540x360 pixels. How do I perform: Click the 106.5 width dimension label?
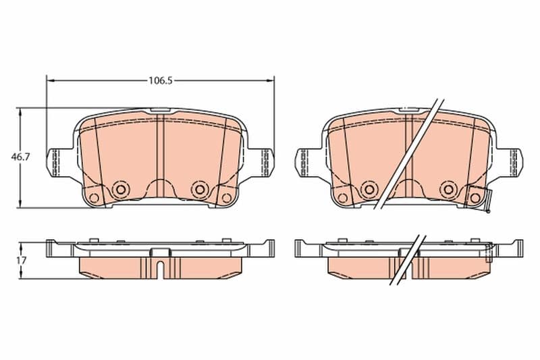click(x=160, y=80)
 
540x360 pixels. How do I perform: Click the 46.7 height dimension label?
click(x=21, y=157)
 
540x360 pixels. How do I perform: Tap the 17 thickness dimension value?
click(x=21, y=261)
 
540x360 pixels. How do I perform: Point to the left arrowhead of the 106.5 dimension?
click(x=51, y=80)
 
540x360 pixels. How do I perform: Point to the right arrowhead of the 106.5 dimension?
click(x=270, y=80)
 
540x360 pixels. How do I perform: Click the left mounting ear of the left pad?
click(x=56, y=163)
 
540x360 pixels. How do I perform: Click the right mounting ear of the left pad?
click(x=263, y=163)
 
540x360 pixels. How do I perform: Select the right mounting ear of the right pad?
click(x=511, y=163)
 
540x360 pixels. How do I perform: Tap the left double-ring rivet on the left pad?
click(x=121, y=189)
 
